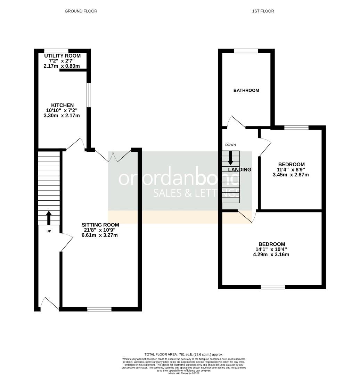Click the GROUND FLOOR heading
(x=81, y=11)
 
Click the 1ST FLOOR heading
(x=263, y=11)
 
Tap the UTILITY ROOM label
(x=63, y=56)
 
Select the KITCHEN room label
(x=63, y=105)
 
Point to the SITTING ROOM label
(x=100, y=225)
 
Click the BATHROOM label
(x=246, y=91)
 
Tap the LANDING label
(x=240, y=170)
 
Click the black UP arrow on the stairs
(x=49, y=218)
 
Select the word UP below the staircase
(x=49, y=231)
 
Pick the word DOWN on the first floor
(x=230, y=145)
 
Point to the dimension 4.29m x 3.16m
(x=271, y=255)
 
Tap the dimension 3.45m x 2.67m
(x=291, y=175)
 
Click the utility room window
(x=56, y=51)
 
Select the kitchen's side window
(x=89, y=95)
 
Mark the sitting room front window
(x=99, y=309)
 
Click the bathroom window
(x=246, y=51)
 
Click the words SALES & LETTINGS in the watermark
(x=197, y=193)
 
